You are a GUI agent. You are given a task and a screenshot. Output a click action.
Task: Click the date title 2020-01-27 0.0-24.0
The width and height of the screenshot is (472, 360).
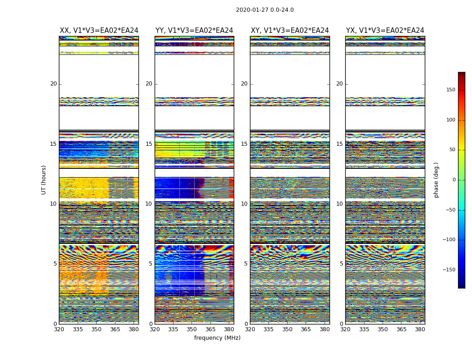tap(265, 10)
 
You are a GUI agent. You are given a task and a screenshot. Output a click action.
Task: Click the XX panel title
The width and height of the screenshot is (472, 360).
tap(99, 31)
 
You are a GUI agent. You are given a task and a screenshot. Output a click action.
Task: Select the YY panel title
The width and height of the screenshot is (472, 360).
tap(194, 31)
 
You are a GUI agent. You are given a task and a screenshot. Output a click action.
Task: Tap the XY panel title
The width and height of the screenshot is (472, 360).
tap(290, 31)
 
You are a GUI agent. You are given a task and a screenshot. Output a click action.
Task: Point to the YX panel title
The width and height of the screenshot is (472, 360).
tap(385, 31)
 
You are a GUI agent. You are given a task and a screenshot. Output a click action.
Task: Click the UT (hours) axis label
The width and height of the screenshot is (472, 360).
tap(44, 180)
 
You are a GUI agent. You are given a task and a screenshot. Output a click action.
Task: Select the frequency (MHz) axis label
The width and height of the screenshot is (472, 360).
tap(217, 338)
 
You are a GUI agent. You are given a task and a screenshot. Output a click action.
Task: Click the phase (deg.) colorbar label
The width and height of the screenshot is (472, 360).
tap(436, 180)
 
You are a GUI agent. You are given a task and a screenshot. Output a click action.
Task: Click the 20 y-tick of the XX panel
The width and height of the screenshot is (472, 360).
tap(53, 84)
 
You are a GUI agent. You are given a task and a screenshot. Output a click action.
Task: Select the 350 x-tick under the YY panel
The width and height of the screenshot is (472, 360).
tap(192, 329)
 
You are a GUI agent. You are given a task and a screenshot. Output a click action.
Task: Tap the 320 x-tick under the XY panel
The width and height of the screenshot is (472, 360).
tap(250, 329)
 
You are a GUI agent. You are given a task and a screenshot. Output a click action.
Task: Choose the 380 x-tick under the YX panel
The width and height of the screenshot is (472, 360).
tap(420, 329)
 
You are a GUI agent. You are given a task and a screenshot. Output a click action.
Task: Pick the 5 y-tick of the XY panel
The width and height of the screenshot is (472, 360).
tap(245, 264)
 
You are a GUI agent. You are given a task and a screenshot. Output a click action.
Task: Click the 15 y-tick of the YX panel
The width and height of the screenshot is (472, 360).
tap(339, 144)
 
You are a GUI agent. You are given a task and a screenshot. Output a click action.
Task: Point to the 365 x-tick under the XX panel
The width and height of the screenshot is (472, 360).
tap(115, 329)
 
